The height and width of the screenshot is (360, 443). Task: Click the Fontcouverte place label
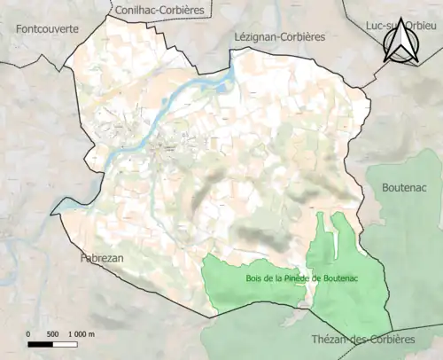(47, 28)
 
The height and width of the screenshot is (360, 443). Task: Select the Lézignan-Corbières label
(279, 37)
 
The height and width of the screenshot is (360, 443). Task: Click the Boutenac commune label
(404, 188)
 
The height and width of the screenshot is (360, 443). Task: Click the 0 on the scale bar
(28, 334)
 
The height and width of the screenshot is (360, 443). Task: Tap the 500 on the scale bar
(51, 334)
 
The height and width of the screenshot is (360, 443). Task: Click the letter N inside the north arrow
(400, 46)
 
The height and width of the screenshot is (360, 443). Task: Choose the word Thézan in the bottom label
(330, 340)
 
